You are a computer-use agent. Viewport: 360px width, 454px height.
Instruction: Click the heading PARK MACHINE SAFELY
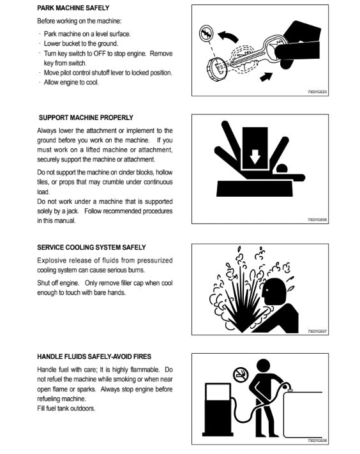pos(73,8)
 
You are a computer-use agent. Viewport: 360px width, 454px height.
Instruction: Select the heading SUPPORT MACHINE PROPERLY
pos(86,117)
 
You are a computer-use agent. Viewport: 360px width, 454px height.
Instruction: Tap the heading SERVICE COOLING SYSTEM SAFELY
pos(91,247)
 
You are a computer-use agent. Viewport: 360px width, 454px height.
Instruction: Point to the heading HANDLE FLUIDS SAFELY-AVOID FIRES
pos(94,356)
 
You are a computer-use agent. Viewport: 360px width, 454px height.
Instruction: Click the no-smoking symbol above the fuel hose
pos(241,374)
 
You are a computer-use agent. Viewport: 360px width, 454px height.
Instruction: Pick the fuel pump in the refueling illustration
pos(218,409)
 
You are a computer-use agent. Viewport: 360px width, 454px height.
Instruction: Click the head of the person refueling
pos(263,367)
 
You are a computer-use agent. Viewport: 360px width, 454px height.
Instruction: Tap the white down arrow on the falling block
pos(255,156)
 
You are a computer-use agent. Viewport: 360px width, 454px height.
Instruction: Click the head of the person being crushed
pos(282,169)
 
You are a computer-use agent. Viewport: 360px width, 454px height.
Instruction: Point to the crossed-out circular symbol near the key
pos(206,33)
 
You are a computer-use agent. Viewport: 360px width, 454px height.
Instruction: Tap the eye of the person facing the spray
pos(266,289)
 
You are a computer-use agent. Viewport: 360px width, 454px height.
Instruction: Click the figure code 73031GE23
pos(317,92)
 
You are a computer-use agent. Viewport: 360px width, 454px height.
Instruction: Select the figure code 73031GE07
pos(317,331)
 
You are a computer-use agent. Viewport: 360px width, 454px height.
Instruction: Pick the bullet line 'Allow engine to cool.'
pos(71,82)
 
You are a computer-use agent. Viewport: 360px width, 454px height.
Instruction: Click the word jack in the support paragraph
pos(73,211)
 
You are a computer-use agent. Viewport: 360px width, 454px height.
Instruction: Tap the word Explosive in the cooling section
pos(52,261)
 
